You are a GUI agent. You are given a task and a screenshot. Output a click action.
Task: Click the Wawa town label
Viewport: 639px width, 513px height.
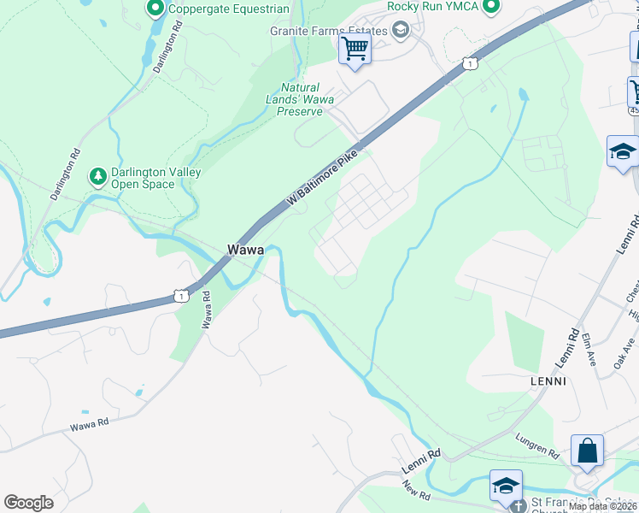pos(244,250)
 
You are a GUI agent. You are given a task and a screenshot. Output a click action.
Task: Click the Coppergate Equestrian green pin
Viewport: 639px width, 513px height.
pos(155,9)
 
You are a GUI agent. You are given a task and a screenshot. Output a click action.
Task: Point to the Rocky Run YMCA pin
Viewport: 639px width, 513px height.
pos(490,7)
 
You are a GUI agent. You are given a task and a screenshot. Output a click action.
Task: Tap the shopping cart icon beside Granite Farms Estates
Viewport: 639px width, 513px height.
pos(355,48)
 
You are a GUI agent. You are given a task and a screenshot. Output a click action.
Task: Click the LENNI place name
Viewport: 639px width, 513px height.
pos(549,380)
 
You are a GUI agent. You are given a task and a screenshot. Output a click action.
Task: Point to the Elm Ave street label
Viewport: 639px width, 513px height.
pos(589,349)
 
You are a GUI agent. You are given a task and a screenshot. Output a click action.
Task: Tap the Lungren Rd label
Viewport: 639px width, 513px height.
pos(536,444)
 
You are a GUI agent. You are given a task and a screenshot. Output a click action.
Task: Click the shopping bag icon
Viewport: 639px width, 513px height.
pos(587,451)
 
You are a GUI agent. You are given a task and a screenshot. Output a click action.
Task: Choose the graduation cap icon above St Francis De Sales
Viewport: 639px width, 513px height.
pos(506,485)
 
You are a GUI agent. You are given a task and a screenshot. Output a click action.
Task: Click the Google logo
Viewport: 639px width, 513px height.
pos(28,502)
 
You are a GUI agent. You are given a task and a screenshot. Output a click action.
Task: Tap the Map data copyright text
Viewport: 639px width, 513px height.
pos(602,506)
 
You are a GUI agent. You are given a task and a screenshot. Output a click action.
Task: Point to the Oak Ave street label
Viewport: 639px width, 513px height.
pos(622,352)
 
